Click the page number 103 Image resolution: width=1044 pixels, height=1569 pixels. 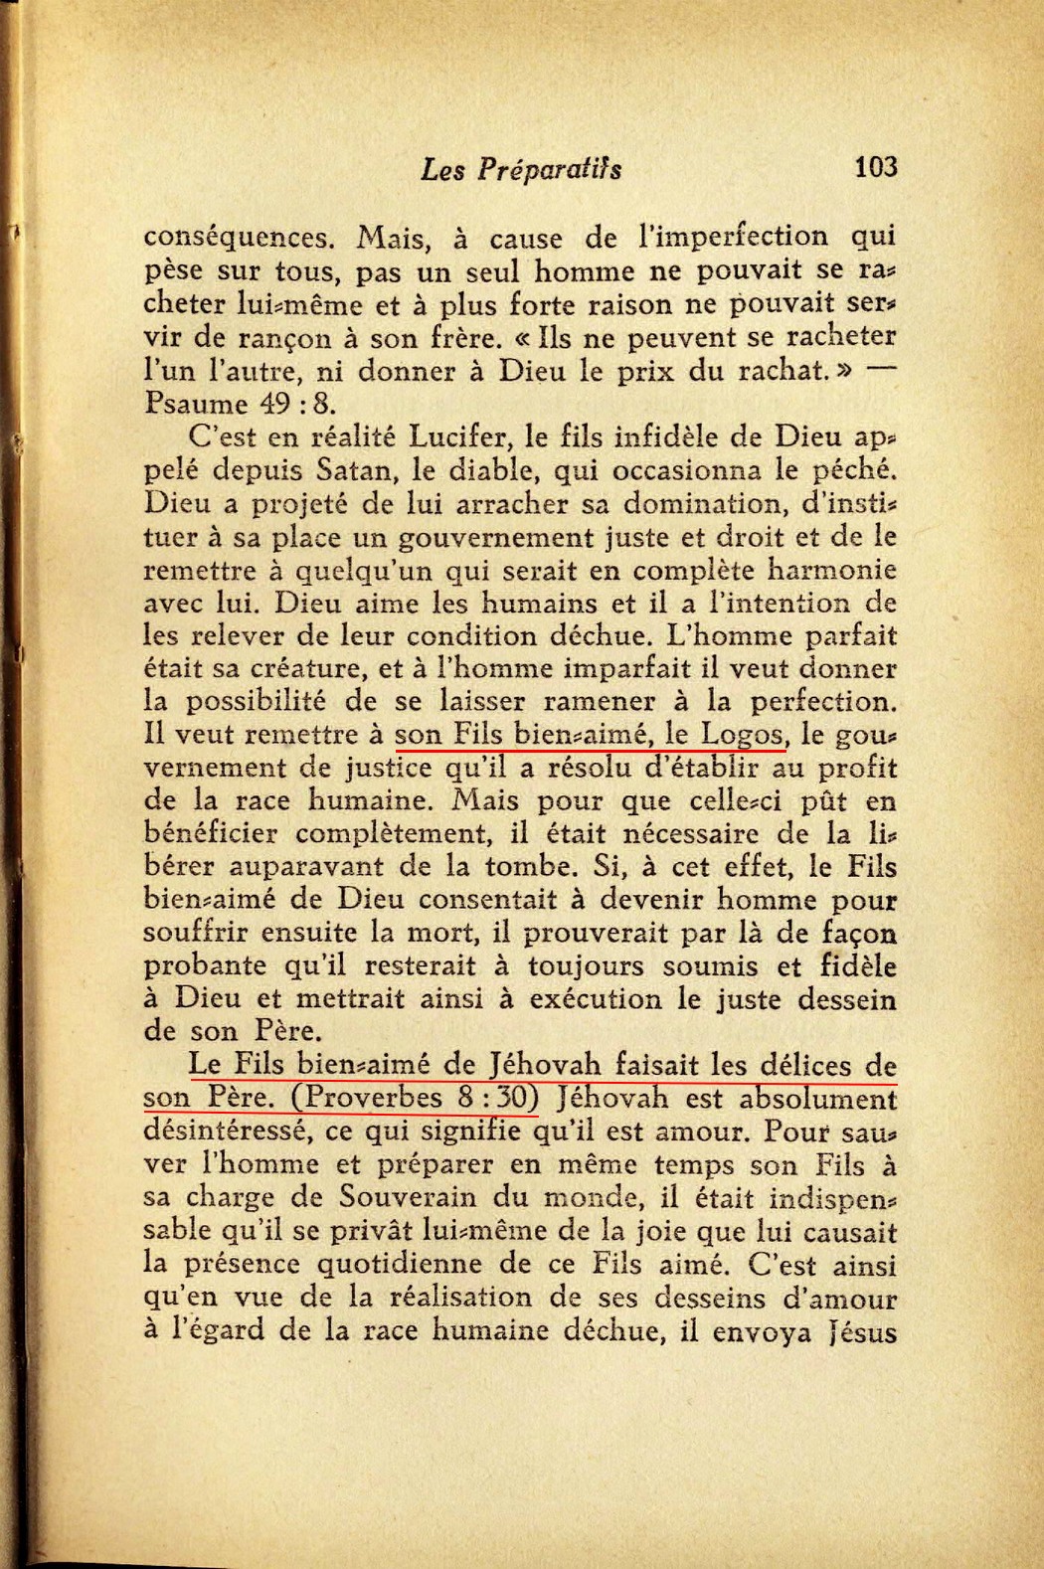(875, 167)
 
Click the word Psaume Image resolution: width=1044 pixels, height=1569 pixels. (195, 404)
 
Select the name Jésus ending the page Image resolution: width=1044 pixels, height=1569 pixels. (863, 1331)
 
